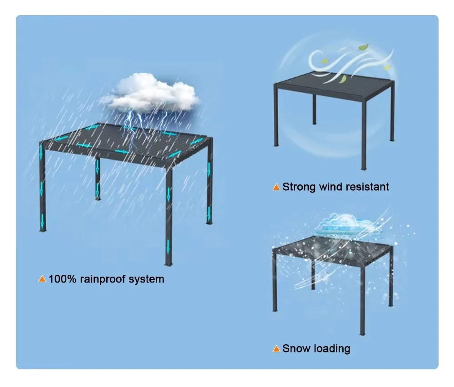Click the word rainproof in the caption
tap(103, 278)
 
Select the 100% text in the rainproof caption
tap(63, 278)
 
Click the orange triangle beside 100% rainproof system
tap(42, 279)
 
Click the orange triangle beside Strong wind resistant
tap(276, 187)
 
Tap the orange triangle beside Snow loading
tap(276, 349)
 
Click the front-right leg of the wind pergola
tap(363, 136)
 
